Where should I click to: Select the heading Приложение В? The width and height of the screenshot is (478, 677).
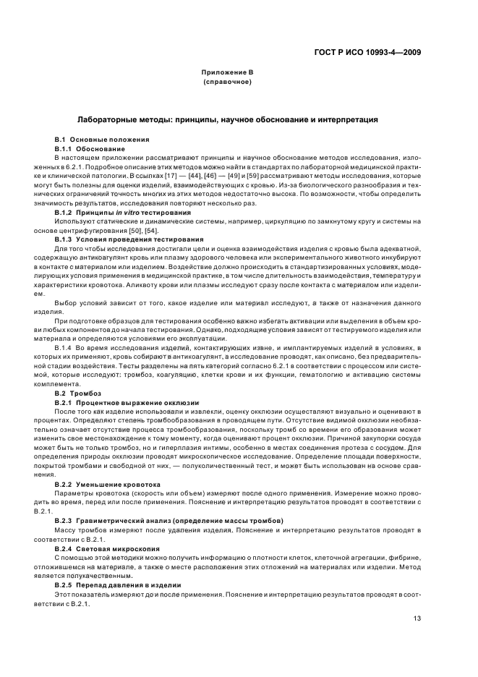(x=227, y=74)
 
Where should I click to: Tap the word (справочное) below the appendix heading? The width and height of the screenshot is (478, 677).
(x=227, y=82)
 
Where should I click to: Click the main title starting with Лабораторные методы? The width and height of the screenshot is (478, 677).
(x=227, y=119)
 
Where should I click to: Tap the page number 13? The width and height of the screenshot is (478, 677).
(x=417, y=618)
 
